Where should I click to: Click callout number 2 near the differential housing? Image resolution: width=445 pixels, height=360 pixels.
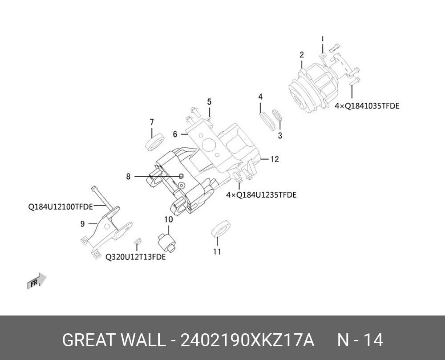pos(302,55)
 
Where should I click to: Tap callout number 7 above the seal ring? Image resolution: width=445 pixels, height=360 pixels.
pos(152,122)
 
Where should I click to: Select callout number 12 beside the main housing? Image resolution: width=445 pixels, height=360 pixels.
pos(275,159)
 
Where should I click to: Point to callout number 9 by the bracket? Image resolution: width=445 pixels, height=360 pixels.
pos(82,224)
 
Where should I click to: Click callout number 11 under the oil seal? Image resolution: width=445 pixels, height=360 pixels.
pos(217,252)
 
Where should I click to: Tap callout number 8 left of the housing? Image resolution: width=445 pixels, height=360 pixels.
pos(128,177)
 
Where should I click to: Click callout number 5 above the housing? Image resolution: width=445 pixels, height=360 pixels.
pos(209,102)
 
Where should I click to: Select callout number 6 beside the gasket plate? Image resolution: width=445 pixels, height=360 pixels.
pos(175,133)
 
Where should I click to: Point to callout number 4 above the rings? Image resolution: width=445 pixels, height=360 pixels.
pos(260,97)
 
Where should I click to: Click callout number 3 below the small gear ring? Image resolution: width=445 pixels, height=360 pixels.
pos(280,136)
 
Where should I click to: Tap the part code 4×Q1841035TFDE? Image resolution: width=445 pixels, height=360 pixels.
pos(367,106)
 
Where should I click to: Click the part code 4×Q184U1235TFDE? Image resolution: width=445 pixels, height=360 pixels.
pos(261,195)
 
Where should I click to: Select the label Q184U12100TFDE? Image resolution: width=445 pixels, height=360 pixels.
pos(61,206)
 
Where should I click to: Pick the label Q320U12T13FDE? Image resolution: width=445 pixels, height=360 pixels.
pos(135,257)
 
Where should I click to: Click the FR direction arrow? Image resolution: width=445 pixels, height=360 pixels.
pos(36,281)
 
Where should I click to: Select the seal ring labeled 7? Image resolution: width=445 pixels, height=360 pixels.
pos(154,143)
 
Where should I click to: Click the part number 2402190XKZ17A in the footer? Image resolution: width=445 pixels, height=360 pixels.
pos(247,340)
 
